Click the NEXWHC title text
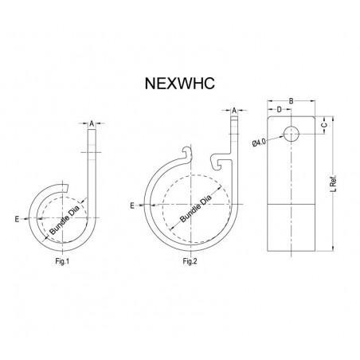coord(180,81)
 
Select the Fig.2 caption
coord(189,261)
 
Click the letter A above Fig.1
coord(92,123)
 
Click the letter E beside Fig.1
coord(16,216)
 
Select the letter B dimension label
coord(292,100)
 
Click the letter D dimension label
coord(280,109)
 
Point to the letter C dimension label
coord(323,126)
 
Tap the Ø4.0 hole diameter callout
coord(259,143)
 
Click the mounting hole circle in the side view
coord(292,132)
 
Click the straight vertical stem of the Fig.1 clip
coord(93,163)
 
